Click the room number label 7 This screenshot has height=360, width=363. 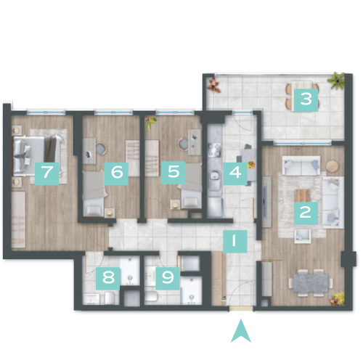pyautogui.click(x=47, y=173)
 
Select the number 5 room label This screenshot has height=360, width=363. pyautogui.click(x=174, y=173)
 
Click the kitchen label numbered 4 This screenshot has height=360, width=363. pyautogui.click(x=235, y=173)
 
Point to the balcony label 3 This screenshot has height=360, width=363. pyautogui.click(x=306, y=100)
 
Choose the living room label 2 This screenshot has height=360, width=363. pyautogui.click(x=306, y=213)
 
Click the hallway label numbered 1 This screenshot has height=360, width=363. pyautogui.click(x=234, y=242)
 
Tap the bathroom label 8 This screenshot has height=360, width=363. pyautogui.click(x=108, y=279)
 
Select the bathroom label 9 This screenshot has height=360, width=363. pyautogui.click(x=168, y=279)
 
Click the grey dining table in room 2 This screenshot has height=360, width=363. pyautogui.click(x=311, y=282)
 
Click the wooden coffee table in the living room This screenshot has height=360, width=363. pyautogui.click(x=303, y=195)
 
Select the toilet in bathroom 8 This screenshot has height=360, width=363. pyautogui.click(x=110, y=298)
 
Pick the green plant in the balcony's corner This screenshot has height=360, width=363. pyautogui.click(x=336, y=81)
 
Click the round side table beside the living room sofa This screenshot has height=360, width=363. pyautogui.click(x=333, y=166)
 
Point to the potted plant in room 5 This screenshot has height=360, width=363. pyautogui.click(x=150, y=122)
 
